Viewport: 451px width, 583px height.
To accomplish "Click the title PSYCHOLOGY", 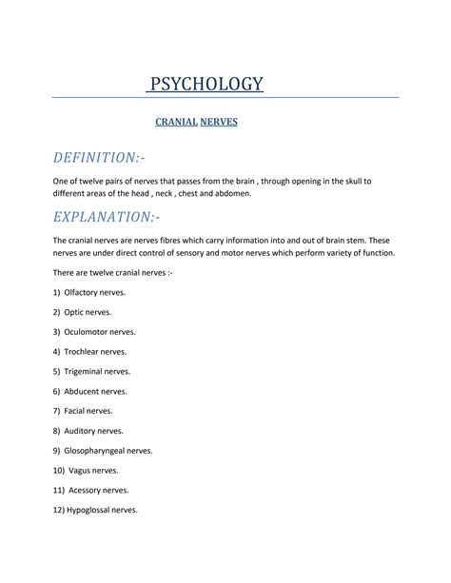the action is click(205, 85).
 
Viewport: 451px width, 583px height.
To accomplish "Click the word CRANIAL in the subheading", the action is click(175, 123).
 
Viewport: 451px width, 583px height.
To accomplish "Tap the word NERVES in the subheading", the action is click(219, 123).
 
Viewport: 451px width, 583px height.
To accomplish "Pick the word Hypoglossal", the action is click(91, 510).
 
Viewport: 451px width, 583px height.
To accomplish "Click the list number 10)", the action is click(59, 470).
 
